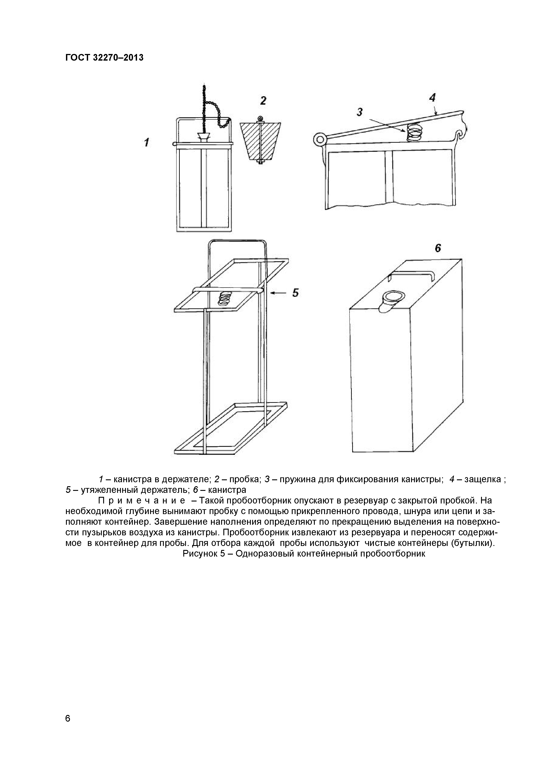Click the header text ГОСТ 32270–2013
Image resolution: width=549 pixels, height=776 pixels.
104,58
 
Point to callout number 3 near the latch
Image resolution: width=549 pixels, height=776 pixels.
360,112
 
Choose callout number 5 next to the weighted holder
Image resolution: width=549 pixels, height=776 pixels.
295,293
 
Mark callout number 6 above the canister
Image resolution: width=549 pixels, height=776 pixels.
438,248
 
